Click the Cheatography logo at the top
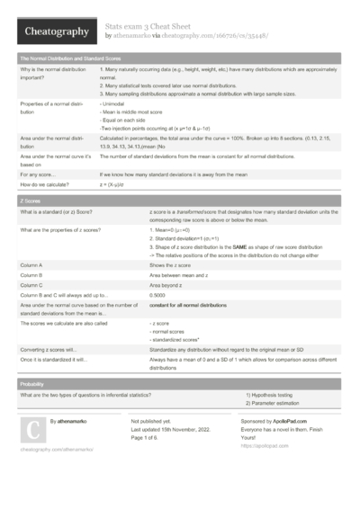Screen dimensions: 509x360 (54, 31)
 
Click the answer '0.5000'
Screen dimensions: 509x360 (159, 294)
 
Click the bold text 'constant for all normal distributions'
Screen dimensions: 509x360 (190, 306)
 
